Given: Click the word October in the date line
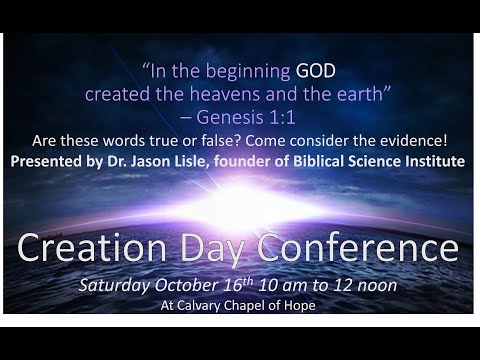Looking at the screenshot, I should pyautogui.click(x=193, y=285).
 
